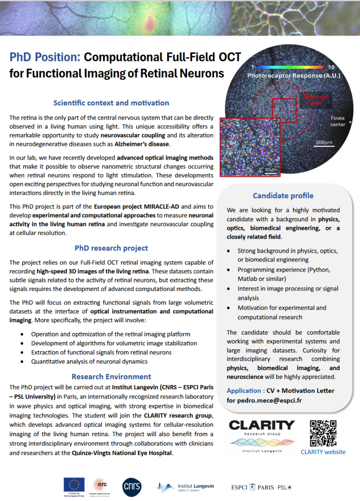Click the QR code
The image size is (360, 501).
point(323,433)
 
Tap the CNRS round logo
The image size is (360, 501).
point(132,486)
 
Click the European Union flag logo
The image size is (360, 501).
point(74,484)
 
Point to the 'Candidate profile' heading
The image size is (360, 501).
point(283,195)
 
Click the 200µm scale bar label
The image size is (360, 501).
point(323,142)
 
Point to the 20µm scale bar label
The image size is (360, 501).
point(270,169)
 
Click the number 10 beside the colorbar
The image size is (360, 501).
point(331,67)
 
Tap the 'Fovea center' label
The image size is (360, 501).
point(337,121)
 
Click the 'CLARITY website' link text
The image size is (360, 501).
point(323,452)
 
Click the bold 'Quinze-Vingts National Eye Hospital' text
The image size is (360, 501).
point(125,453)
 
